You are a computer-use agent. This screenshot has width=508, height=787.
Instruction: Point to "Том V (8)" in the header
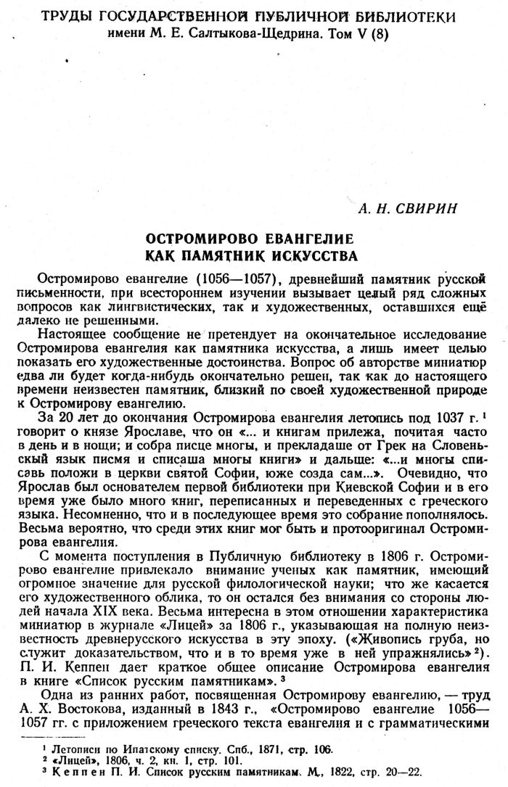tap(353, 36)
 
